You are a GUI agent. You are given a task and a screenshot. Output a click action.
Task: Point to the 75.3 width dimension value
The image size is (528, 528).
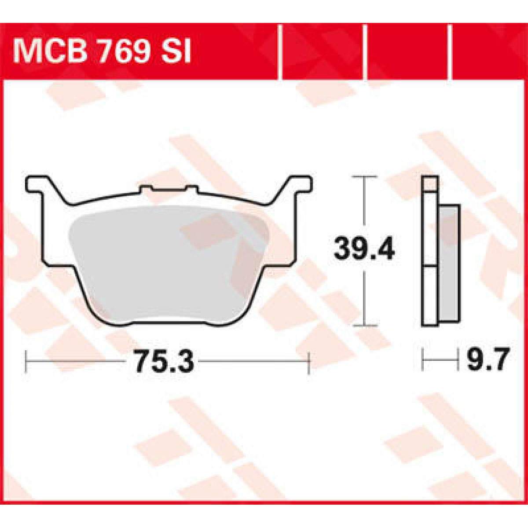164,361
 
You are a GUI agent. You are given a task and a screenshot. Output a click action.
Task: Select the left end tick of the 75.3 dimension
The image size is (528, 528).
27,361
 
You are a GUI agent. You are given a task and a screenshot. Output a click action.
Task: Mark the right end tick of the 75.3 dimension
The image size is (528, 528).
309,361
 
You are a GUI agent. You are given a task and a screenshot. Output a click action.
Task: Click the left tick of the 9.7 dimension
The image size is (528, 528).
422,359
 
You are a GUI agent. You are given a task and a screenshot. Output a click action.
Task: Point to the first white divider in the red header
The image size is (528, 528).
280,52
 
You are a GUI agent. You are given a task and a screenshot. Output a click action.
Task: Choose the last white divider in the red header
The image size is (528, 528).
450,52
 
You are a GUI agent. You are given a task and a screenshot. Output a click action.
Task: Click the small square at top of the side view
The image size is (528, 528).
430,183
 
